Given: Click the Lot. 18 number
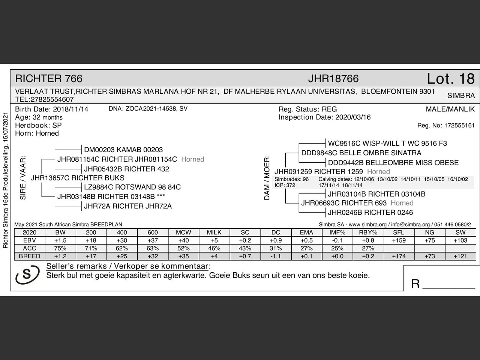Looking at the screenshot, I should (x=450, y=79).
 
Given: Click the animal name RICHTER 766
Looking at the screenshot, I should (x=49, y=79).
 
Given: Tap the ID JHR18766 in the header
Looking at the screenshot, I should (x=333, y=79).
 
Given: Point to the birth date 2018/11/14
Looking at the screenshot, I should (x=70, y=109).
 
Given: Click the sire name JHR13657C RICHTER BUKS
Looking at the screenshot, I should (x=77, y=178).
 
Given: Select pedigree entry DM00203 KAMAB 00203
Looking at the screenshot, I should (x=123, y=150).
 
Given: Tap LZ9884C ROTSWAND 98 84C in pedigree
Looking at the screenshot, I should (x=132, y=187).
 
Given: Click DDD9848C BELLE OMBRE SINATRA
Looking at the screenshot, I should (x=361, y=153).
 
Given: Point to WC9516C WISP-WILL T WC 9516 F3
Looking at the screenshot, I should (x=387, y=143).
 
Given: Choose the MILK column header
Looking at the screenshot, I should (x=214, y=232).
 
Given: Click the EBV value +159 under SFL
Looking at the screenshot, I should (x=399, y=240).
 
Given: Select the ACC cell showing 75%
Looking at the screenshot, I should (x=60, y=248).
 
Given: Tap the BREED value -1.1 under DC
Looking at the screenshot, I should (x=276, y=256).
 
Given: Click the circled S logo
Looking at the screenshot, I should (x=27, y=274).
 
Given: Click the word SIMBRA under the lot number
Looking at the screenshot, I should (x=461, y=96).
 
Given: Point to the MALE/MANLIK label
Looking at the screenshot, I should (x=450, y=109).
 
